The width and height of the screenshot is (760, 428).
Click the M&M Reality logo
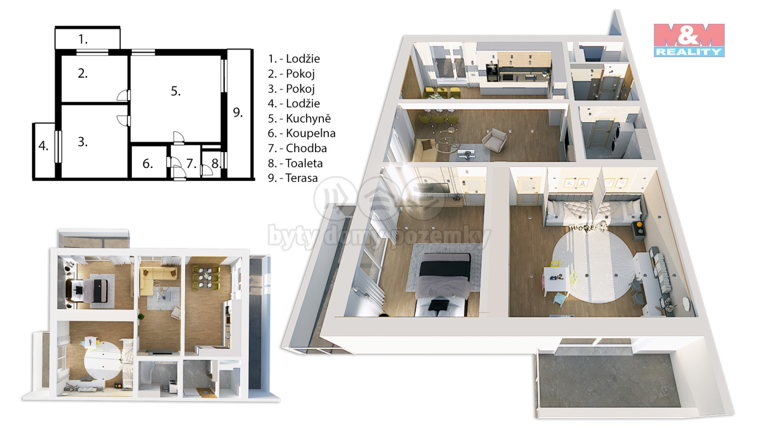point(689,40)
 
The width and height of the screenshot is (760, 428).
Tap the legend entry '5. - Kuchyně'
point(299,118)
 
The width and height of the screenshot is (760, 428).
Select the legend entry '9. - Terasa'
point(292,178)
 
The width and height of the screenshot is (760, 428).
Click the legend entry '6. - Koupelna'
point(301,133)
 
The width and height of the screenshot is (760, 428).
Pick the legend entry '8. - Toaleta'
point(295,163)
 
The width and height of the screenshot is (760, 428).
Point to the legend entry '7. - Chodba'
point(297,148)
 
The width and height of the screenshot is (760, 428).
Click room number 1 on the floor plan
point(83,39)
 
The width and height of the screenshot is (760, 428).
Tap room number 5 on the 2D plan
point(175,91)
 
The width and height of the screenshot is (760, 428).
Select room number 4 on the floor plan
point(43,146)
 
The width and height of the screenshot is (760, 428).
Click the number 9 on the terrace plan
point(237,112)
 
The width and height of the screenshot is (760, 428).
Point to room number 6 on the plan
point(147,164)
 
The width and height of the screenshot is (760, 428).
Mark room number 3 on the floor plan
point(82,142)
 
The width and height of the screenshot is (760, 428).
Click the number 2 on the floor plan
point(82,73)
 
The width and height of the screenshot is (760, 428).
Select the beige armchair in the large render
point(495,139)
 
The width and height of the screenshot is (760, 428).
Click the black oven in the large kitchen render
point(491,72)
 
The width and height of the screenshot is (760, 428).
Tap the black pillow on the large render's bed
point(439,305)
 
